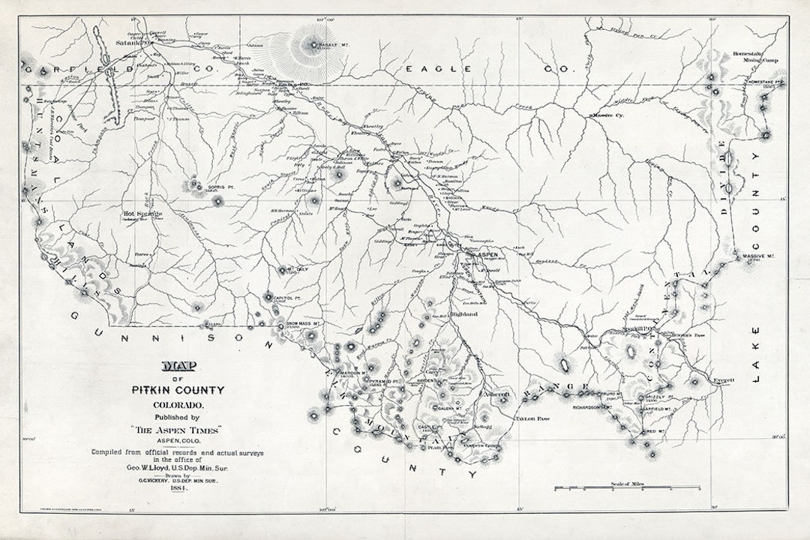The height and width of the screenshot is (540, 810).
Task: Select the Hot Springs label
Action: [142, 214]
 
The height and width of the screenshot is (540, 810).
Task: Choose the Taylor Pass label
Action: [532, 418]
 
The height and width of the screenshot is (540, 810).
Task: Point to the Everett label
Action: [723, 380]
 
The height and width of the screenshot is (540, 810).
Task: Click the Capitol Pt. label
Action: [287, 298]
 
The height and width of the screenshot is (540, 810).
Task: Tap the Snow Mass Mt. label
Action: [304, 324]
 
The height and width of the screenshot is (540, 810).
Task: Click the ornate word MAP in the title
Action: [179, 367]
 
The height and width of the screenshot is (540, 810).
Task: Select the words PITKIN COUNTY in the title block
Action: [178, 390]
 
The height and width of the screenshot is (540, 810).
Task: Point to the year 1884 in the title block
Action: [178, 488]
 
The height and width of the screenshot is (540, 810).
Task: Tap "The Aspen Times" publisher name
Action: [178, 429]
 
